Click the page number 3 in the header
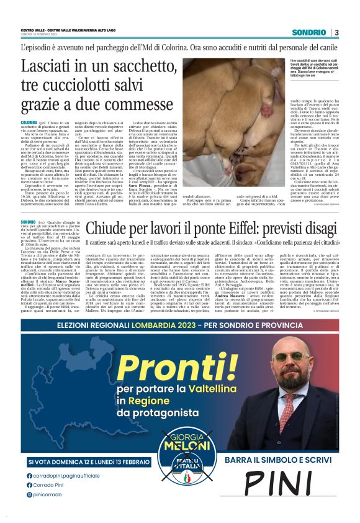click(x=336, y=32)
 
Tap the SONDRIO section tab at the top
click(x=308, y=32)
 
